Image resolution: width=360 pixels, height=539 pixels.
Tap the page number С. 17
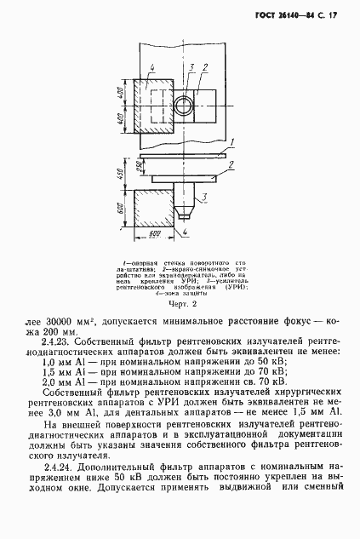332,14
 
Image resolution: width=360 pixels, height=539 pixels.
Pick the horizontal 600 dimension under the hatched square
155,231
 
